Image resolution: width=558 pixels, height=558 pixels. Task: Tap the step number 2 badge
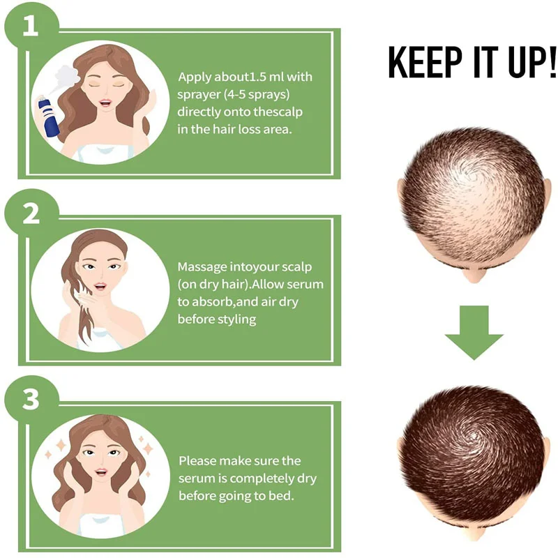click(x=30, y=212)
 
